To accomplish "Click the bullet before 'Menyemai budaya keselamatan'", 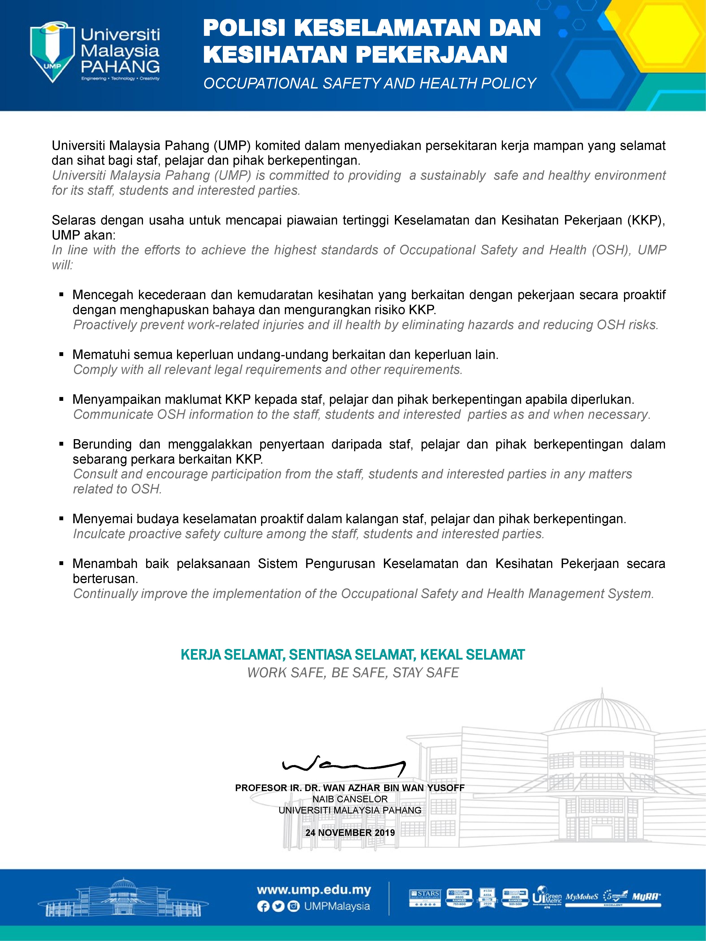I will pyautogui.click(x=62, y=519).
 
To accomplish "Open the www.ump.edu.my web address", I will pyautogui.click(x=314, y=889).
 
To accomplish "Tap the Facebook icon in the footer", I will pyautogui.click(x=263, y=906).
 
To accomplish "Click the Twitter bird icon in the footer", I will pyautogui.click(x=278, y=906).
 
